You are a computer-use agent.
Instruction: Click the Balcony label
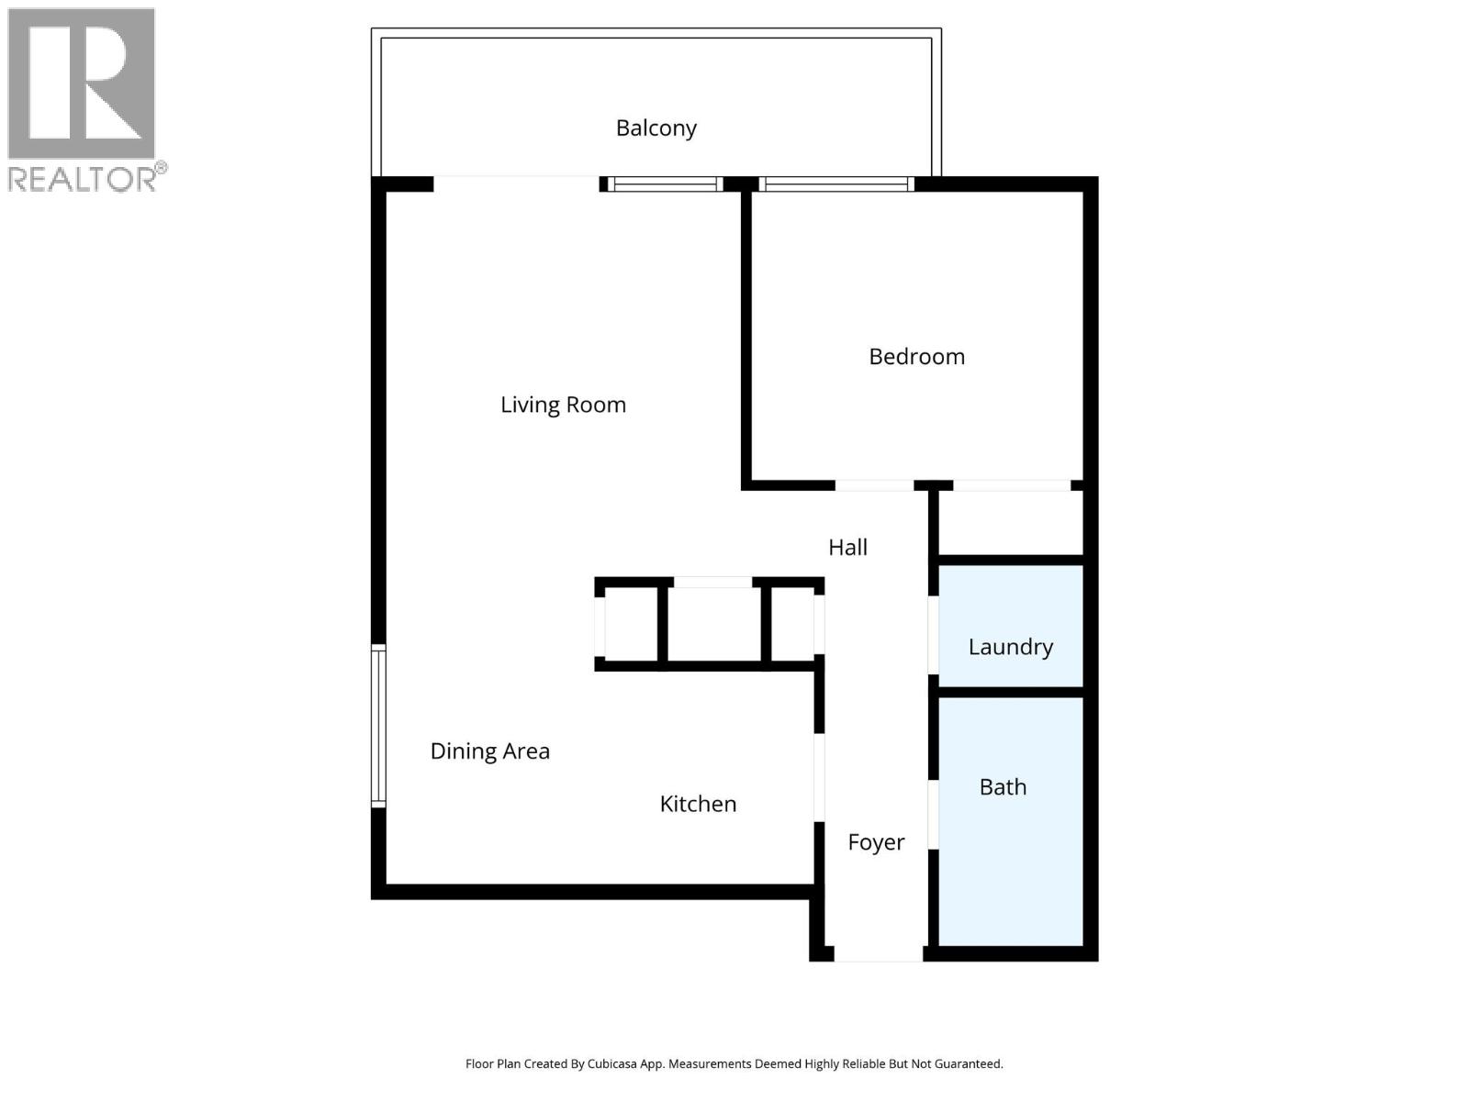coord(656,128)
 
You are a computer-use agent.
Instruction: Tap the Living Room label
coord(563,405)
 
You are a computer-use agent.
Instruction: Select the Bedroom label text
coord(916,357)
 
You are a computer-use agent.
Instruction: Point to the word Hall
coord(847,548)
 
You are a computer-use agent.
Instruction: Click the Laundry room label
coord(1010,647)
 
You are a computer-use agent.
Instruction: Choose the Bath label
coord(1003,787)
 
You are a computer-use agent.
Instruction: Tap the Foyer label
coord(876,842)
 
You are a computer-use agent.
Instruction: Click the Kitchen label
coord(698,804)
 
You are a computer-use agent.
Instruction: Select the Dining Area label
coord(489,751)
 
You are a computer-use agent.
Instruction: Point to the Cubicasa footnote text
coord(734,1064)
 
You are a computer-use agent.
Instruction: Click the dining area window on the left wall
coord(378,725)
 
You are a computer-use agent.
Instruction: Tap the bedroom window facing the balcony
coord(836,184)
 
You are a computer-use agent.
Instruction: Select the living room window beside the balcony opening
coord(665,184)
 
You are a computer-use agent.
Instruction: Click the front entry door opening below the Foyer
coord(878,954)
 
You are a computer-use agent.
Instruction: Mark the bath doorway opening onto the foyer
coord(933,814)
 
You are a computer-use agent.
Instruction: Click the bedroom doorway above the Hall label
coord(873,485)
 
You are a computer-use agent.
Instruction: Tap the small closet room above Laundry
coord(1010,522)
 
